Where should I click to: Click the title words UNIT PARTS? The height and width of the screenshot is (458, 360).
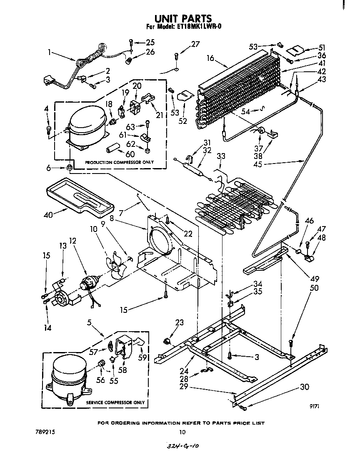[x=183, y=18]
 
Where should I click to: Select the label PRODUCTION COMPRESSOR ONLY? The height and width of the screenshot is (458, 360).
[x=119, y=162]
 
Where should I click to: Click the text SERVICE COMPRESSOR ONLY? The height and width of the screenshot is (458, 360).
[x=115, y=403]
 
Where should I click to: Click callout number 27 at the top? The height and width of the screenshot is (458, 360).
[x=195, y=44]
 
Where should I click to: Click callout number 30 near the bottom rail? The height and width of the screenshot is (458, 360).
[x=305, y=387]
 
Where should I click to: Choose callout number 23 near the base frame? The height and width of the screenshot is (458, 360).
[x=179, y=322]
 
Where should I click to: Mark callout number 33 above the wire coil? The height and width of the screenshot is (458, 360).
[x=221, y=156]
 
